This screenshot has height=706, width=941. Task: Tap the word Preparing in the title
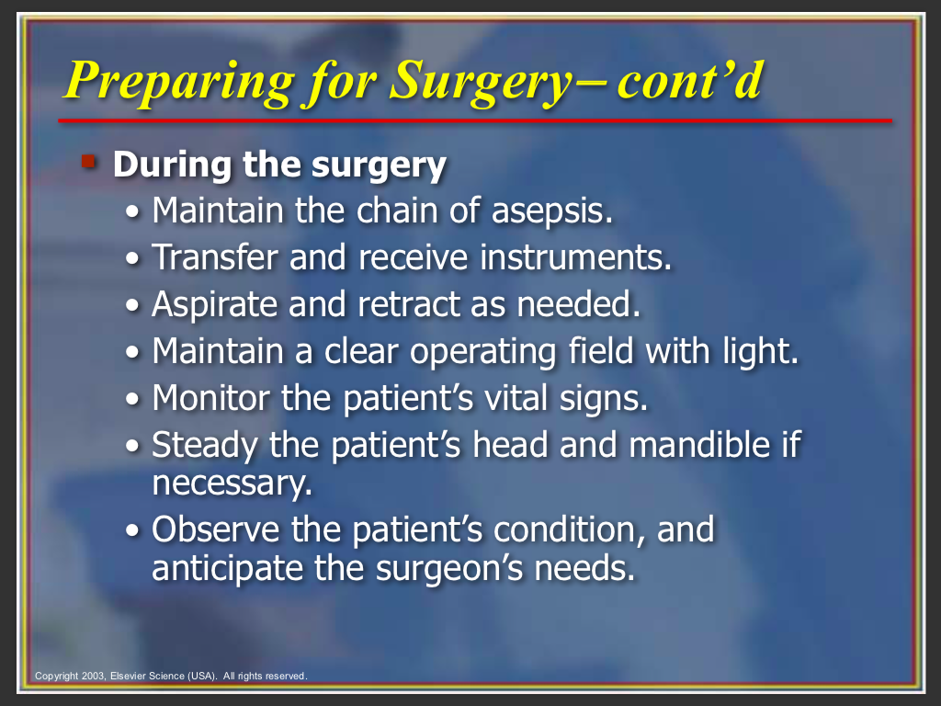[x=179, y=82]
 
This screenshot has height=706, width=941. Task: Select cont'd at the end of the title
[x=690, y=80]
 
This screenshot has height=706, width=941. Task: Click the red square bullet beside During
[x=89, y=162]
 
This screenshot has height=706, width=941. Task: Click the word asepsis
[x=552, y=212]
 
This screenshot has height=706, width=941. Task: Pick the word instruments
[x=575, y=257]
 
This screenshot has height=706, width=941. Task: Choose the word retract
[x=409, y=303]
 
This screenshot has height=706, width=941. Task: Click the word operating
[x=483, y=352]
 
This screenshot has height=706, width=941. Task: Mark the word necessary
[x=232, y=484]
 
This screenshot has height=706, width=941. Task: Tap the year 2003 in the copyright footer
[x=94, y=676]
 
